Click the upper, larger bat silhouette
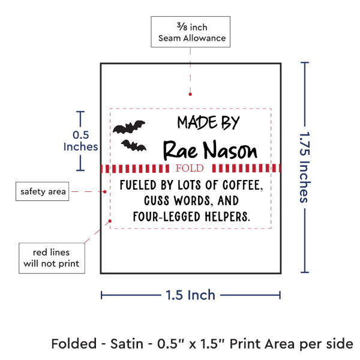click(129, 127)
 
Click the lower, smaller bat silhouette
click(134, 146)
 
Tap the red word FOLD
click(190, 168)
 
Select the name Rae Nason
click(210, 150)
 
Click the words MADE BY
click(208, 122)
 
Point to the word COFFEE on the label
click(242, 185)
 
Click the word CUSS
click(157, 200)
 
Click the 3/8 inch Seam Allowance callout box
click(191, 32)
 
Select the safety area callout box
click(42, 191)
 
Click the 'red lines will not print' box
click(52, 258)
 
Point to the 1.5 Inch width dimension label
click(190, 295)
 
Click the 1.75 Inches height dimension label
click(305, 167)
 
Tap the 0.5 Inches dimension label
click(80, 141)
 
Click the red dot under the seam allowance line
click(190, 94)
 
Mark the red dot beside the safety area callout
click(104, 192)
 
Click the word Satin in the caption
click(127, 344)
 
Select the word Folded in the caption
click(74, 344)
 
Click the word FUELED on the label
click(138, 185)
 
